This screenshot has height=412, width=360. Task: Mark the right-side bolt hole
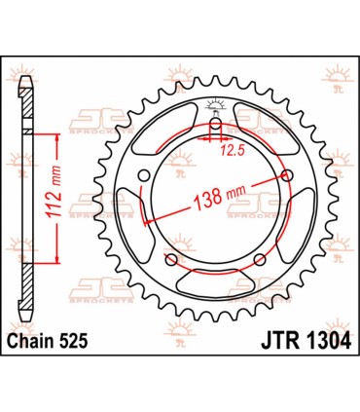click(x=285, y=175)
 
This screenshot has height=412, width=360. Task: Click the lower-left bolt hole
click(x=171, y=260)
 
